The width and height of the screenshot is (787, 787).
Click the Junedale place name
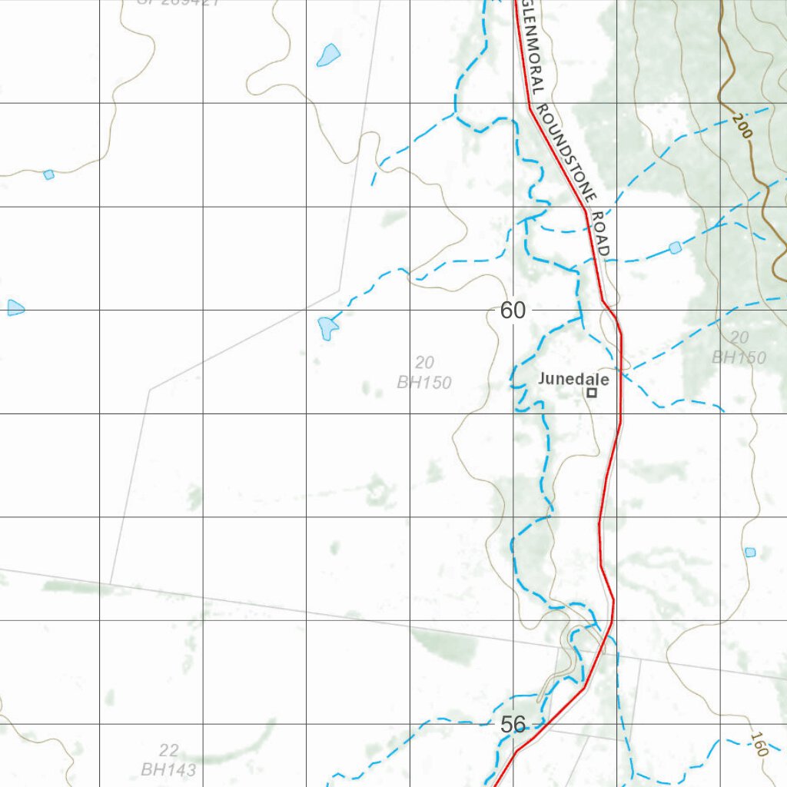573,379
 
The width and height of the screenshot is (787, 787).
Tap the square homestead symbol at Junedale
592,393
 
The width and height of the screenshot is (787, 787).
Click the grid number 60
513,310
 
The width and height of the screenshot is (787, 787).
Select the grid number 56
513,724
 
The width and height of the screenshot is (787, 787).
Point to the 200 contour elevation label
742,125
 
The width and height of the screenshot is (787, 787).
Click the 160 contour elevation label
758,744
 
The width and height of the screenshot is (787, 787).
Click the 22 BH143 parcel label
168,759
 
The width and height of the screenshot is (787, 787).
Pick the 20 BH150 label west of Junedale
424,372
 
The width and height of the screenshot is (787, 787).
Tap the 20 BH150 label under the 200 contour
739,347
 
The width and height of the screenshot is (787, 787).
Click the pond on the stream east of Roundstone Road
675,247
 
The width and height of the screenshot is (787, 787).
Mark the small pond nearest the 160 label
750,553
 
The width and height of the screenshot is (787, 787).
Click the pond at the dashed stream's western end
328,327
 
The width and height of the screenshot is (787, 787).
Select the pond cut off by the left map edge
15,308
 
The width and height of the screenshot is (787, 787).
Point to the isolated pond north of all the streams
328,55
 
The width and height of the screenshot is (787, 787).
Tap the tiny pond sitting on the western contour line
48,174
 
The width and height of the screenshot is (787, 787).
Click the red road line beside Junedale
619,392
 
